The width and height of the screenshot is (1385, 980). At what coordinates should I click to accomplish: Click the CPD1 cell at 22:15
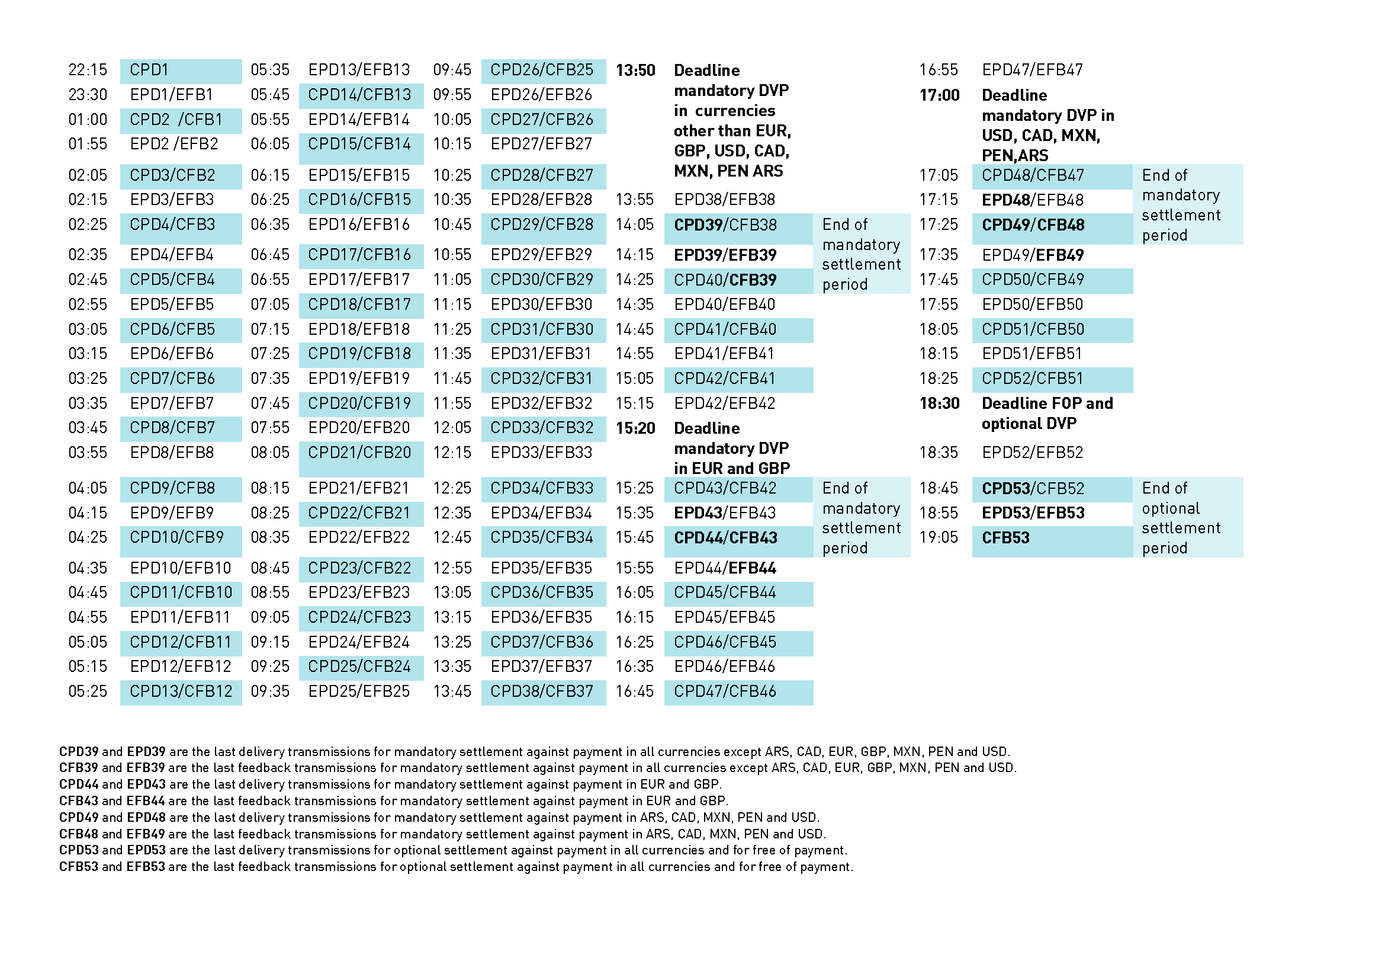coord(181,70)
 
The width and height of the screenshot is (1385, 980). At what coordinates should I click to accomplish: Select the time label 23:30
coord(88,95)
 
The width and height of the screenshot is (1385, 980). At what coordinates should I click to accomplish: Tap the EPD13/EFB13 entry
coord(359,70)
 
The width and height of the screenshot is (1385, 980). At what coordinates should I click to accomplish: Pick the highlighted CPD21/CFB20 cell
coord(360,453)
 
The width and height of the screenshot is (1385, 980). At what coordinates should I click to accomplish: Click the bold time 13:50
coord(635,71)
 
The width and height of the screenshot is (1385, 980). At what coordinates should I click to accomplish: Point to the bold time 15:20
coord(635,428)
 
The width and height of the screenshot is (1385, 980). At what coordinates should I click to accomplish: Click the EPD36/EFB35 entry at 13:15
coord(542,617)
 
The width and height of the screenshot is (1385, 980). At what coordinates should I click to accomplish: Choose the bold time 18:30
coord(939,403)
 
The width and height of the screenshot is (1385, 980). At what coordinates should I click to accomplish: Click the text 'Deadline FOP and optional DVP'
coord(1047,414)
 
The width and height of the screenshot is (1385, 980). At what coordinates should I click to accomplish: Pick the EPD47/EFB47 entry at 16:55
coord(1032,70)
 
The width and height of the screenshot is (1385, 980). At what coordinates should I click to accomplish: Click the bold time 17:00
coord(939,95)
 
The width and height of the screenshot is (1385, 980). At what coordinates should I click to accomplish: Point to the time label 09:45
coord(452,70)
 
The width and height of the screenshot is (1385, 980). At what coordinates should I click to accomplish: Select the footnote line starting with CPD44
coord(390,784)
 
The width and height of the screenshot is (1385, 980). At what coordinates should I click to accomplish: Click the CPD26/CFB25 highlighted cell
coord(542,70)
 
